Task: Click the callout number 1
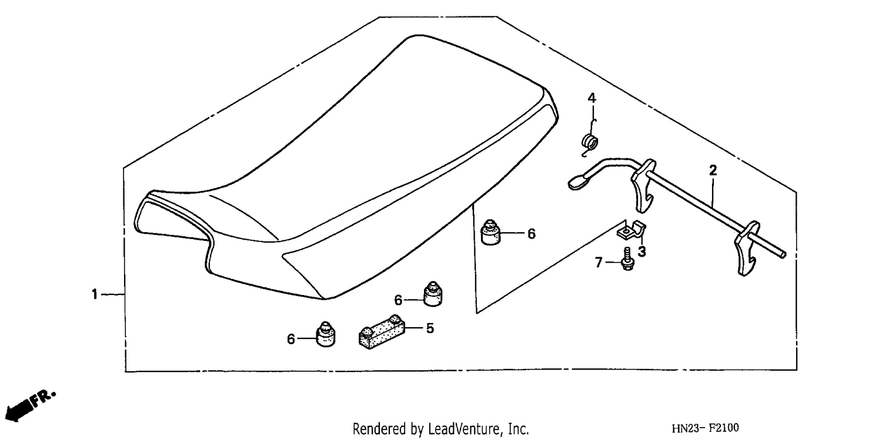(95, 294)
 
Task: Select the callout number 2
(713, 170)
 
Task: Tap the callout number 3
(642, 251)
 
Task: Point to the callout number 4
(592, 98)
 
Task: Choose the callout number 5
(430, 328)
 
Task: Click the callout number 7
(599, 262)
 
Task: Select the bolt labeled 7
(627, 258)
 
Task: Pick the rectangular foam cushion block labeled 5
(382, 332)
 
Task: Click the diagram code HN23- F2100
(705, 428)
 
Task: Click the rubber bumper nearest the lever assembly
(490, 233)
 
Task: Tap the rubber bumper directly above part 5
(432, 293)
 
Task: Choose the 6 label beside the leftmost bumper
(291, 339)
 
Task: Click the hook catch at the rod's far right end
(746, 249)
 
